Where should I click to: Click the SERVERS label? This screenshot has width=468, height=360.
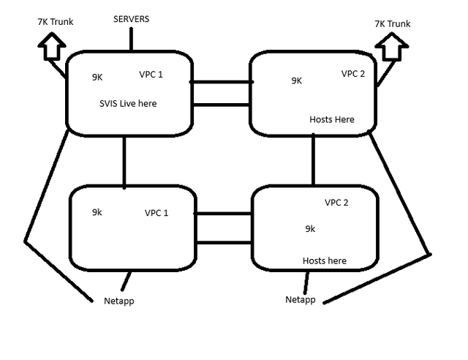pos(132,19)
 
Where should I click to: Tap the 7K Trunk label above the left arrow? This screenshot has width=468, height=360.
pos(56,21)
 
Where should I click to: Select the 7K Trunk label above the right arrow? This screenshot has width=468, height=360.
pos(393,23)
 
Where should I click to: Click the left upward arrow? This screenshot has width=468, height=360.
pos(52,45)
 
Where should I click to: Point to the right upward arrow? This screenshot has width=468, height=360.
pos(392,46)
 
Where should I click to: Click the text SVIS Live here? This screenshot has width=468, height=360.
pos(128,103)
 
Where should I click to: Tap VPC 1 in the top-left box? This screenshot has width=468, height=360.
pos(151,75)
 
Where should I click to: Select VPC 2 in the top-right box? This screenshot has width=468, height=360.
pos(353,73)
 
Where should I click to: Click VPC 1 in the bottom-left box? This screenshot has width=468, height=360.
pos(156,213)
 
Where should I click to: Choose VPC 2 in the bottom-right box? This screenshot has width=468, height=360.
pos(336,203)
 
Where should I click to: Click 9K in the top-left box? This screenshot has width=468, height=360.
pos(97,78)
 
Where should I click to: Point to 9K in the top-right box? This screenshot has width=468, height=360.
pos(297,80)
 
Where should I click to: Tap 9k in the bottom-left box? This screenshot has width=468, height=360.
pos(97,212)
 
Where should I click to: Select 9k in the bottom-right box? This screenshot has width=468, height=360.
pos(310,228)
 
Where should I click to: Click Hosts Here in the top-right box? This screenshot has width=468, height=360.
pos(332,119)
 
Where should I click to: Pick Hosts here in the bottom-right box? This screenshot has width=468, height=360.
pos(325,260)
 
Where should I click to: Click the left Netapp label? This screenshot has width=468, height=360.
pos(118,301)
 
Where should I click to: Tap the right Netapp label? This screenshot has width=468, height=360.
pos(301,300)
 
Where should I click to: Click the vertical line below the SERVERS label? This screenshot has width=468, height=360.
pos(132,40)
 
